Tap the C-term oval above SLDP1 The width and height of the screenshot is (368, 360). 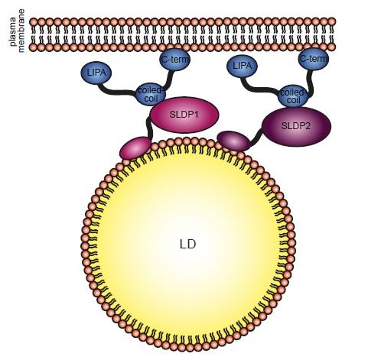[x=174, y=60]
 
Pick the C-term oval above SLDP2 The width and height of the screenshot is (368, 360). [x=313, y=59]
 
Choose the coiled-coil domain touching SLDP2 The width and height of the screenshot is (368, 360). [x=291, y=92]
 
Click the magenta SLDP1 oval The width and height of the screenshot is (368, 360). [x=184, y=115]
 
